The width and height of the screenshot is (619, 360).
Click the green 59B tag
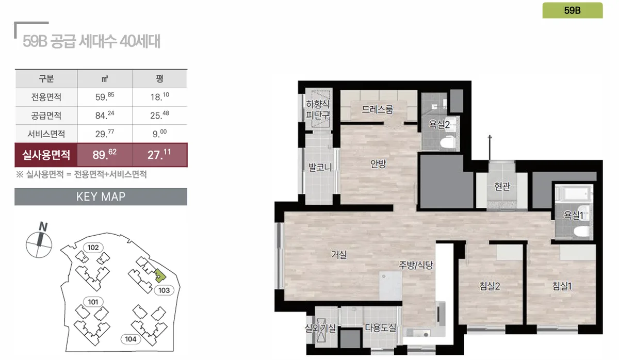(x=572, y=10)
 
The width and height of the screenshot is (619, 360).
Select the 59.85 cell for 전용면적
(x=105, y=97)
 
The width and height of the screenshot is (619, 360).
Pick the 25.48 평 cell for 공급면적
(x=159, y=116)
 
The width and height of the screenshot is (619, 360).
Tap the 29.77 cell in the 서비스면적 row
(x=105, y=134)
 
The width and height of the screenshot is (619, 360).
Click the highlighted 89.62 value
(x=105, y=155)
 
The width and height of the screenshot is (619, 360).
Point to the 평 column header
(x=159, y=79)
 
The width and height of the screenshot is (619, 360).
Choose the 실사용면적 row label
(x=46, y=155)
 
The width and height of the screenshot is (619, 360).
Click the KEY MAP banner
(x=101, y=197)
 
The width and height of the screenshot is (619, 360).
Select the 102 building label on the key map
(x=93, y=248)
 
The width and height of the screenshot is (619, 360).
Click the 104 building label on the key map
(x=131, y=339)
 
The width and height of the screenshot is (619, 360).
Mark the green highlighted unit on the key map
(x=160, y=276)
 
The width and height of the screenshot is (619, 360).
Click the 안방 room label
(x=378, y=164)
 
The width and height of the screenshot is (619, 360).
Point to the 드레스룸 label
(x=378, y=109)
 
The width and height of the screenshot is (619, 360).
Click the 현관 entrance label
(x=502, y=186)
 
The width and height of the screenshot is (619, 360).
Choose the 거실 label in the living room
(x=339, y=254)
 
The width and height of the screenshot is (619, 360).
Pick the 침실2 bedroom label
(x=490, y=286)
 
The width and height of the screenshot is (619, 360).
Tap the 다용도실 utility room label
(x=381, y=328)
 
